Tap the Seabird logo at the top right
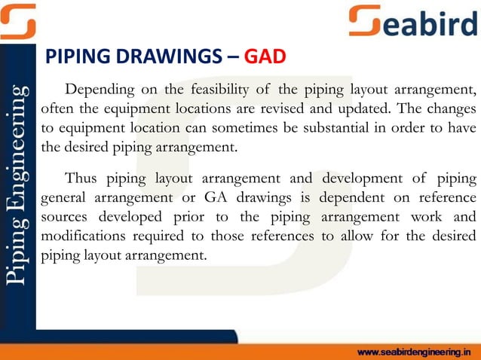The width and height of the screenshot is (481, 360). pyautogui.click(x=414, y=21)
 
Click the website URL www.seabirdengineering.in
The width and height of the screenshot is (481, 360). pyautogui.click(x=417, y=351)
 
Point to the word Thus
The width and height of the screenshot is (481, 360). pyautogui.click(x=81, y=178)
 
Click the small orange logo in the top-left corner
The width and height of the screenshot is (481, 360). pyautogui.click(x=18, y=21)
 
